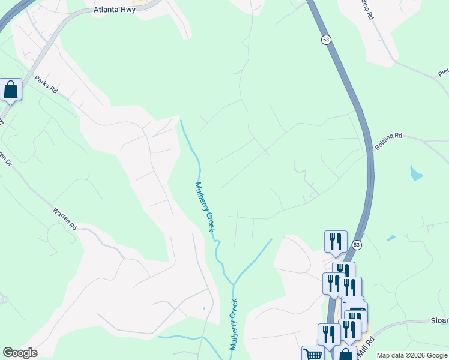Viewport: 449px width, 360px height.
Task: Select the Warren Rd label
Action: (x=65, y=219)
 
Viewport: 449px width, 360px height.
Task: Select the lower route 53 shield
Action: (x=357, y=245)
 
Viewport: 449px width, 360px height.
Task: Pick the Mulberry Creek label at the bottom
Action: (x=233, y=325)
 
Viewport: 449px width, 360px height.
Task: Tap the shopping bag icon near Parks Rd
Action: (x=11, y=90)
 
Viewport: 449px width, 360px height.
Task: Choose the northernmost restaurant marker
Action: (x=335, y=241)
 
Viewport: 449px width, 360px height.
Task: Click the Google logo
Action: (x=20, y=353)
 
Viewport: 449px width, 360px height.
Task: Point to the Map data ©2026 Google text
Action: (x=412, y=355)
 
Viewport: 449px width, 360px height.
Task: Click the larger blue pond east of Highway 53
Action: (x=415, y=174)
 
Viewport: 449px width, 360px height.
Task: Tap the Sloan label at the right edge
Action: (x=439, y=321)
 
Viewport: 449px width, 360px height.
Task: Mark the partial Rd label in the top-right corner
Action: (x=367, y=12)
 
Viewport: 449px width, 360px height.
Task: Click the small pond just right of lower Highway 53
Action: (x=391, y=238)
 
